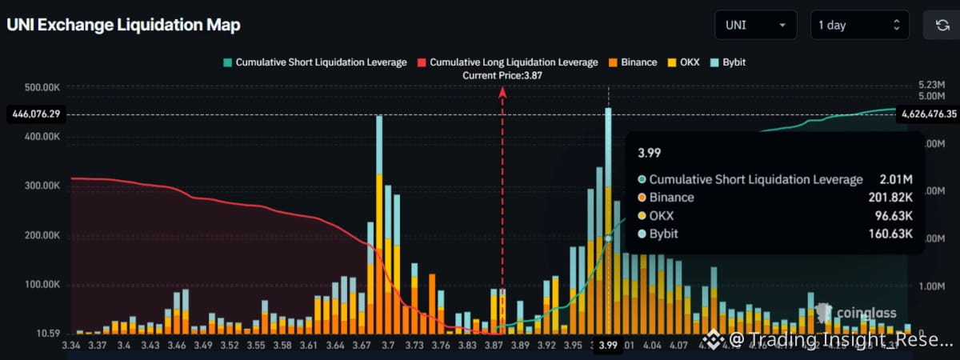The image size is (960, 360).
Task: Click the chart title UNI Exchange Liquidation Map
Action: click(x=123, y=25)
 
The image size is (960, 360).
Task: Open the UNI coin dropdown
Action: click(x=755, y=25)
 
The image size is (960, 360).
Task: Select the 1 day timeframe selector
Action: click(x=860, y=25)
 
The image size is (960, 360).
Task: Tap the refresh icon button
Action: click(x=942, y=25)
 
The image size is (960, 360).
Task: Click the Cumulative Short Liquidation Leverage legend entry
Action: click(x=315, y=62)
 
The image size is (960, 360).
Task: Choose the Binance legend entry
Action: click(x=633, y=62)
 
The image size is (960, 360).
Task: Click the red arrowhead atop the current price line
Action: click(x=502, y=91)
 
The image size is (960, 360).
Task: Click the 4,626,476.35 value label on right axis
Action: click(x=928, y=114)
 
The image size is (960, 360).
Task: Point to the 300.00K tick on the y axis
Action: click(x=41, y=186)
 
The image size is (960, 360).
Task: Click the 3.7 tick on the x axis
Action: click(x=389, y=346)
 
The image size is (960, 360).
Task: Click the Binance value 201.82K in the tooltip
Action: click(x=889, y=198)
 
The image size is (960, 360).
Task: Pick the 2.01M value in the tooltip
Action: click(x=896, y=179)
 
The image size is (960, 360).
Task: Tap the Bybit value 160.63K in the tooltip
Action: click(x=889, y=234)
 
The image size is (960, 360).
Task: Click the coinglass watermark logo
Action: click(x=855, y=312)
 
